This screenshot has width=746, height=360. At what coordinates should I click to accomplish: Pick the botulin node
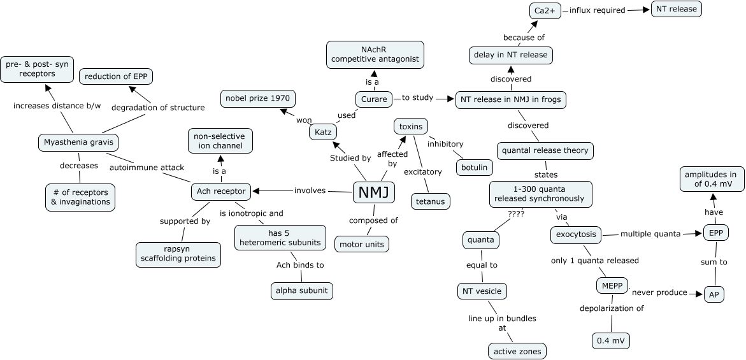click(x=475, y=168)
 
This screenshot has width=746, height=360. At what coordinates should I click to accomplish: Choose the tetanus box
click(x=430, y=201)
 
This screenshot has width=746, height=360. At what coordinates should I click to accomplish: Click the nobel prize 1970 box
click(x=257, y=99)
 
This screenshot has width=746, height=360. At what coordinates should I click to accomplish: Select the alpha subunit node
click(x=301, y=291)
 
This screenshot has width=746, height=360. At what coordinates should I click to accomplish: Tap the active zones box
click(x=517, y=350)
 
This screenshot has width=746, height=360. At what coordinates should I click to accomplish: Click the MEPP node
click(x=612, y=285)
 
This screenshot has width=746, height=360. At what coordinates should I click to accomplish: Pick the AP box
click(x=714, y=294)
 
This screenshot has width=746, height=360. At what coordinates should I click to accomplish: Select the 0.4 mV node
click(x=611, y=341)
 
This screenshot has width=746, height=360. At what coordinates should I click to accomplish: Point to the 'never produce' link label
click(x=663, y=292)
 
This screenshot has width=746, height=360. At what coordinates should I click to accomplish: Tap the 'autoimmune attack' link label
click(x=147, y=168)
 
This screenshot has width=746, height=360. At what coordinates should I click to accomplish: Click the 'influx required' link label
click(x=597, y=10)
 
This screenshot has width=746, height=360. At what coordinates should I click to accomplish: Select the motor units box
click(x=362, y=244)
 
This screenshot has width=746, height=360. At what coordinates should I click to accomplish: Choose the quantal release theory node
click(x=545, y=151)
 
